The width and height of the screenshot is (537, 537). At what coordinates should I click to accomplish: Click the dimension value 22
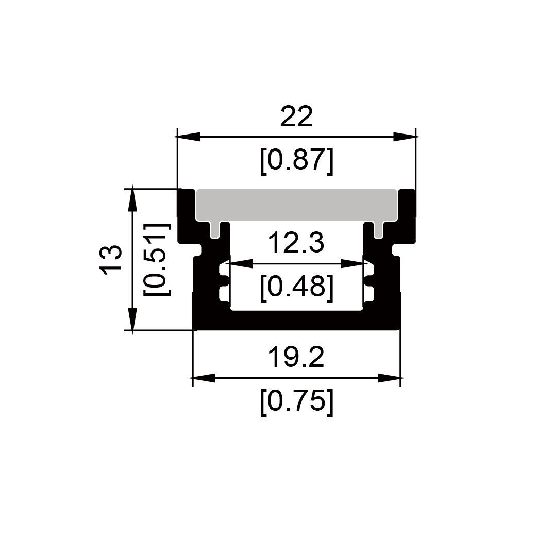coord(296,116)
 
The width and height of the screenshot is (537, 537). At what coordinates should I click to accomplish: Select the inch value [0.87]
coord(296,161)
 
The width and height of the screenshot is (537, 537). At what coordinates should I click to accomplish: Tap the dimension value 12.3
coord(296,242)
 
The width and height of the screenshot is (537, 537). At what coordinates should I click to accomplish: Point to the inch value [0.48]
coord(296,287)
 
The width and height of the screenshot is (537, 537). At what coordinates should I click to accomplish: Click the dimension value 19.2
coord(296,357)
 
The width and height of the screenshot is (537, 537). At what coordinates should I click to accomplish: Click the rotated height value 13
coord(111,260)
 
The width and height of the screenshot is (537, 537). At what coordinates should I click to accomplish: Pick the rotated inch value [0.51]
coord(157,260)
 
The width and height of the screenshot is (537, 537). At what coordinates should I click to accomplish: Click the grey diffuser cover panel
coord(296,205)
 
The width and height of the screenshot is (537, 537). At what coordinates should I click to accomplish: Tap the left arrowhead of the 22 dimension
coord(188,137)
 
